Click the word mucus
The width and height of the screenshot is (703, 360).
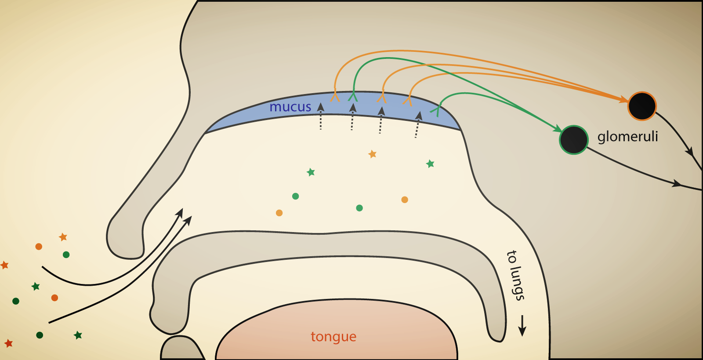coord(290,107)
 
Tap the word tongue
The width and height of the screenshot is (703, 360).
coord(333,337)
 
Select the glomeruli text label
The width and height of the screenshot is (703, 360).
coord(627,137)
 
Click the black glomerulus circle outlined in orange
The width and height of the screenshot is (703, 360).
coord(642,106)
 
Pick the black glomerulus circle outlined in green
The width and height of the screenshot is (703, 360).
coord(573,140)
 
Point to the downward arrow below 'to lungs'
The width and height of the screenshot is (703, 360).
coord(522,326)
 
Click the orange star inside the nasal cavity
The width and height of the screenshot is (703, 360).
coord(373,154)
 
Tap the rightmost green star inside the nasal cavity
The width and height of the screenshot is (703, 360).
coord(430,164)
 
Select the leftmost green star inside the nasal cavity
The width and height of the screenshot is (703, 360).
coord(311,172)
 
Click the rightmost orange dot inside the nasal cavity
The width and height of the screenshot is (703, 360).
coord(405,200)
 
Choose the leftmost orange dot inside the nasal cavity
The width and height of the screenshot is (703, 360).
coord(279,213)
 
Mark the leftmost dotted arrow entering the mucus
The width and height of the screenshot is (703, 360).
coord(321,116)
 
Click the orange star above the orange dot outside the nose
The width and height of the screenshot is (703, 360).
coord(63,237)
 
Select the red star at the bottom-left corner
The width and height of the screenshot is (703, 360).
coord(8,343)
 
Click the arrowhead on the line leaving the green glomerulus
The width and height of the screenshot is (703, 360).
coord(677,183)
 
